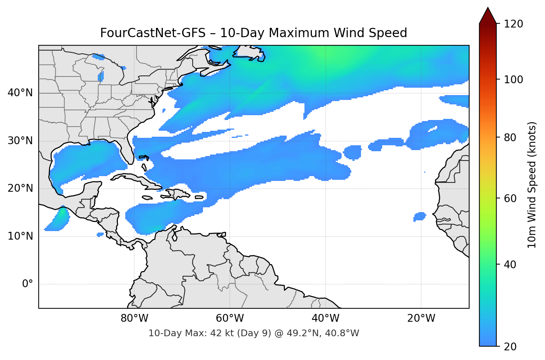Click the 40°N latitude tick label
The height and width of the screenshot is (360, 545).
(x=20, y=93)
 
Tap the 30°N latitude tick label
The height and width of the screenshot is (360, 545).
(x=20, y=141)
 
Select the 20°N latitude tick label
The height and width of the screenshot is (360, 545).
(x=20, y=188)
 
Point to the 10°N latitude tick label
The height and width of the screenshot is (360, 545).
(x=20, y=236)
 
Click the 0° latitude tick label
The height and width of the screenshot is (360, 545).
(x=28, y=284)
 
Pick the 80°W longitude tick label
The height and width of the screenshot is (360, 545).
(x=134, y=318)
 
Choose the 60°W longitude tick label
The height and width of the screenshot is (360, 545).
(x=230, y=318)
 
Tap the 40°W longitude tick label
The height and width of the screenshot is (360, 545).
(x=325, y=318)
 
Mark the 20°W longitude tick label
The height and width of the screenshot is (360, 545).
(x=421, y=318)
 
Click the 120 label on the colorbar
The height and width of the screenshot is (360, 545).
(x=513, y=24)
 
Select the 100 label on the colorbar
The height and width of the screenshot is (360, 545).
(x=513, y=80)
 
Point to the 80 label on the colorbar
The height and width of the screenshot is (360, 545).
(x=510, y=137)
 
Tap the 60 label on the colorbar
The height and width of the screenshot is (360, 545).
(x=510, y=198)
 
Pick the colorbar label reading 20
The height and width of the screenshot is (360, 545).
(x=510, y=347)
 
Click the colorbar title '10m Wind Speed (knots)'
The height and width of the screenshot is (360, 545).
(x=532, y=185)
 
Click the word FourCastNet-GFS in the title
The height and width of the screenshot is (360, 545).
(x=153, y=33)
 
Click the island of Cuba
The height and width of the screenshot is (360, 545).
(x=138, y=179)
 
